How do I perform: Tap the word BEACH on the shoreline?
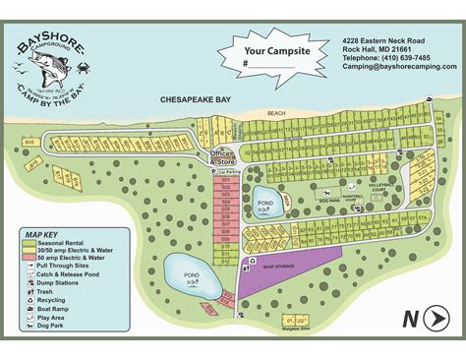[274, 114]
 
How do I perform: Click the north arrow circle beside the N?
[436, 317]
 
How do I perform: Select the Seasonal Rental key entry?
[60, 242]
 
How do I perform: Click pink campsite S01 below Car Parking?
[225, 181]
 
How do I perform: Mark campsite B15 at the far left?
[29, 142]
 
